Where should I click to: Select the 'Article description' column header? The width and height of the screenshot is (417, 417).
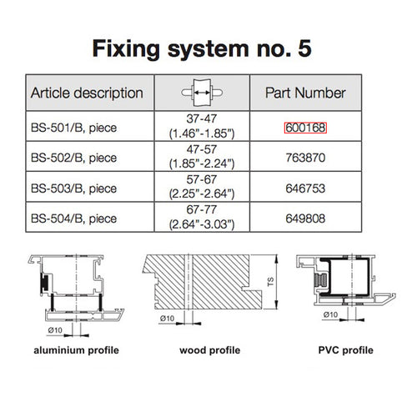tap(87, 93)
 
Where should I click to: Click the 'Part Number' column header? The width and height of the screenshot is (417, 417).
tap(304, 93)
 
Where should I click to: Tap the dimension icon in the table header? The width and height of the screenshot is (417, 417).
tap(203, 92)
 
